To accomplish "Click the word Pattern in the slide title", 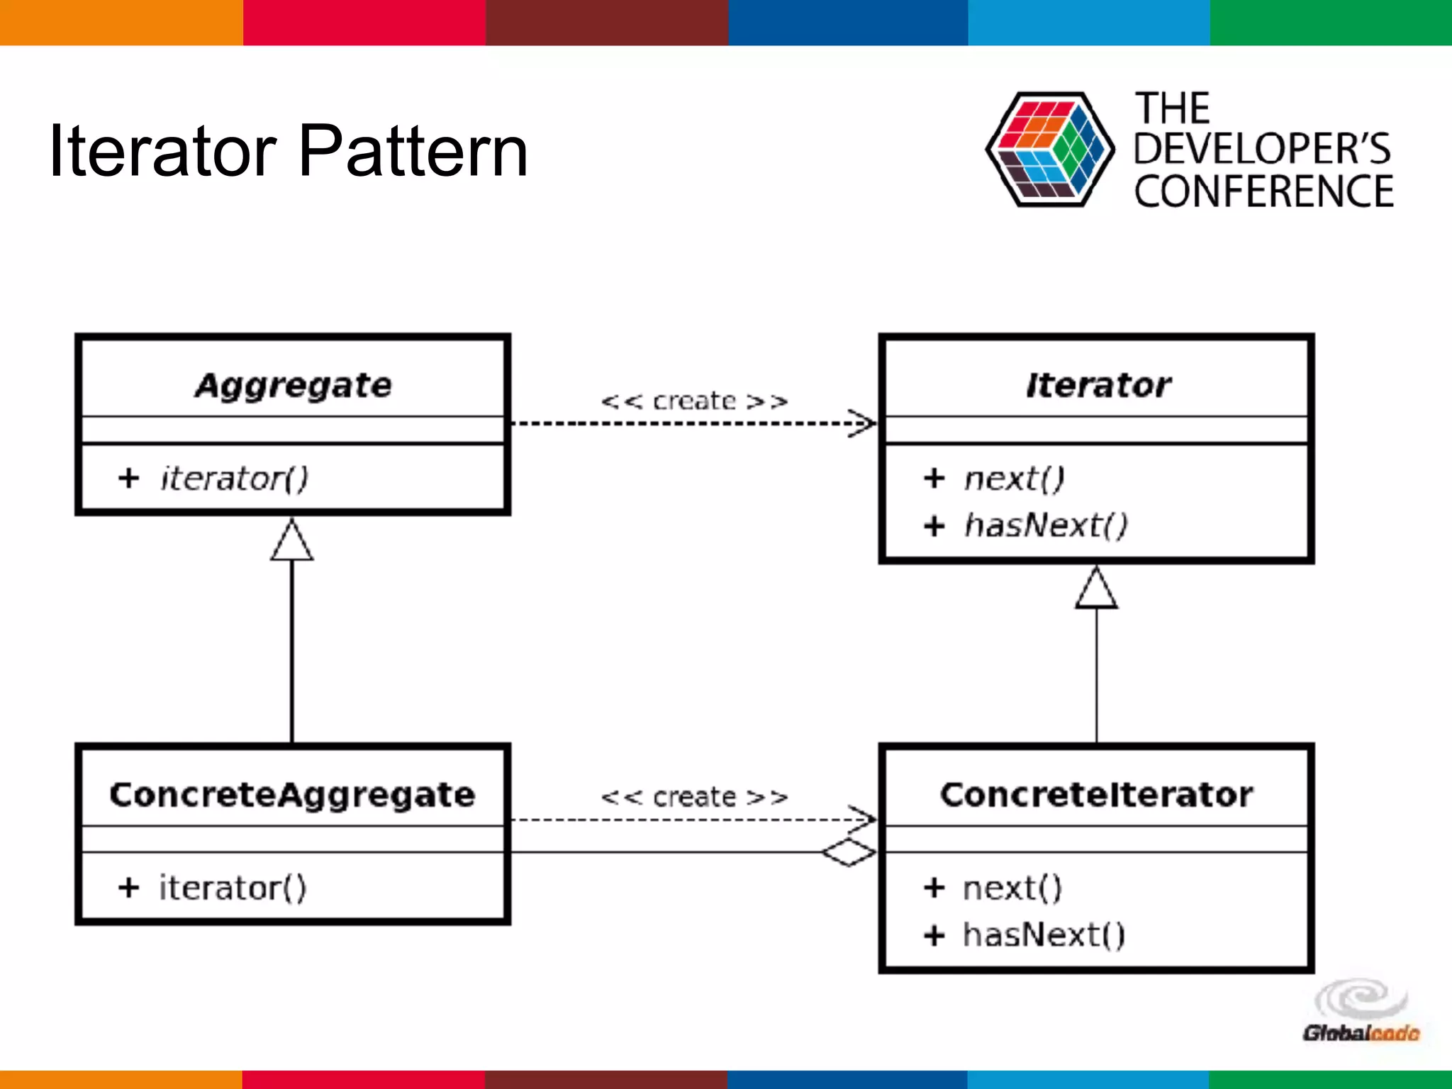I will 413,151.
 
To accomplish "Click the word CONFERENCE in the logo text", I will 1263,192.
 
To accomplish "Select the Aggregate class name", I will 293,386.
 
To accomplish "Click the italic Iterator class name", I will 1098,386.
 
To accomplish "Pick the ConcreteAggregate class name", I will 292,795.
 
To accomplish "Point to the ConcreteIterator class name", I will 1096,795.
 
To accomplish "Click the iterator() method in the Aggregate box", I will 234,479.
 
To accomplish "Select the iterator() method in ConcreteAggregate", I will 233,888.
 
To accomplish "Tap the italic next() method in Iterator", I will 1014,479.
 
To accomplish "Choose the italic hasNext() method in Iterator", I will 1045,525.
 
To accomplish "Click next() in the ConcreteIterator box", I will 1012,888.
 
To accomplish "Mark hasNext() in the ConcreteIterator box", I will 1044,935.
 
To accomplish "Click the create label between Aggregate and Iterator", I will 694,401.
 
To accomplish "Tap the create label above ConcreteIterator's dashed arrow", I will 694,798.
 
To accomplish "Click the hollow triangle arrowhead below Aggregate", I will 291,542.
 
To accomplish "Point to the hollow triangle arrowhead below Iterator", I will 1096,590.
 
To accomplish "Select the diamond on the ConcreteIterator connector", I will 849,851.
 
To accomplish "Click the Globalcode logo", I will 1361,1012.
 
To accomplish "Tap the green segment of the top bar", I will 1331,22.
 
